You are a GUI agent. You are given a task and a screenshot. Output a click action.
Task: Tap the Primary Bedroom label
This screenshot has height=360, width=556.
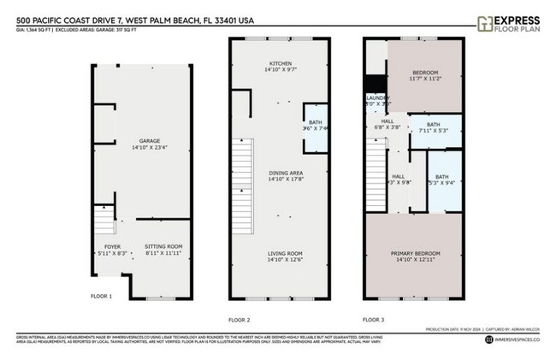coord(415,257)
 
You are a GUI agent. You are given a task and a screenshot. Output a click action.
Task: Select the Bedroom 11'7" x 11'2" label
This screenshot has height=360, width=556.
coord(426,75)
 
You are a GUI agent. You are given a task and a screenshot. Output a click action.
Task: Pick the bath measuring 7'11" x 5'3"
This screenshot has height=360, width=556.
coord(433,127)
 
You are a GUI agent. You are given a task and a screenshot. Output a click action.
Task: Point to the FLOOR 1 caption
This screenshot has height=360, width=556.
coord(101,296)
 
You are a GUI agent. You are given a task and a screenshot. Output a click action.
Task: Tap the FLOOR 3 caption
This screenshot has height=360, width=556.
coord(373,319)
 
